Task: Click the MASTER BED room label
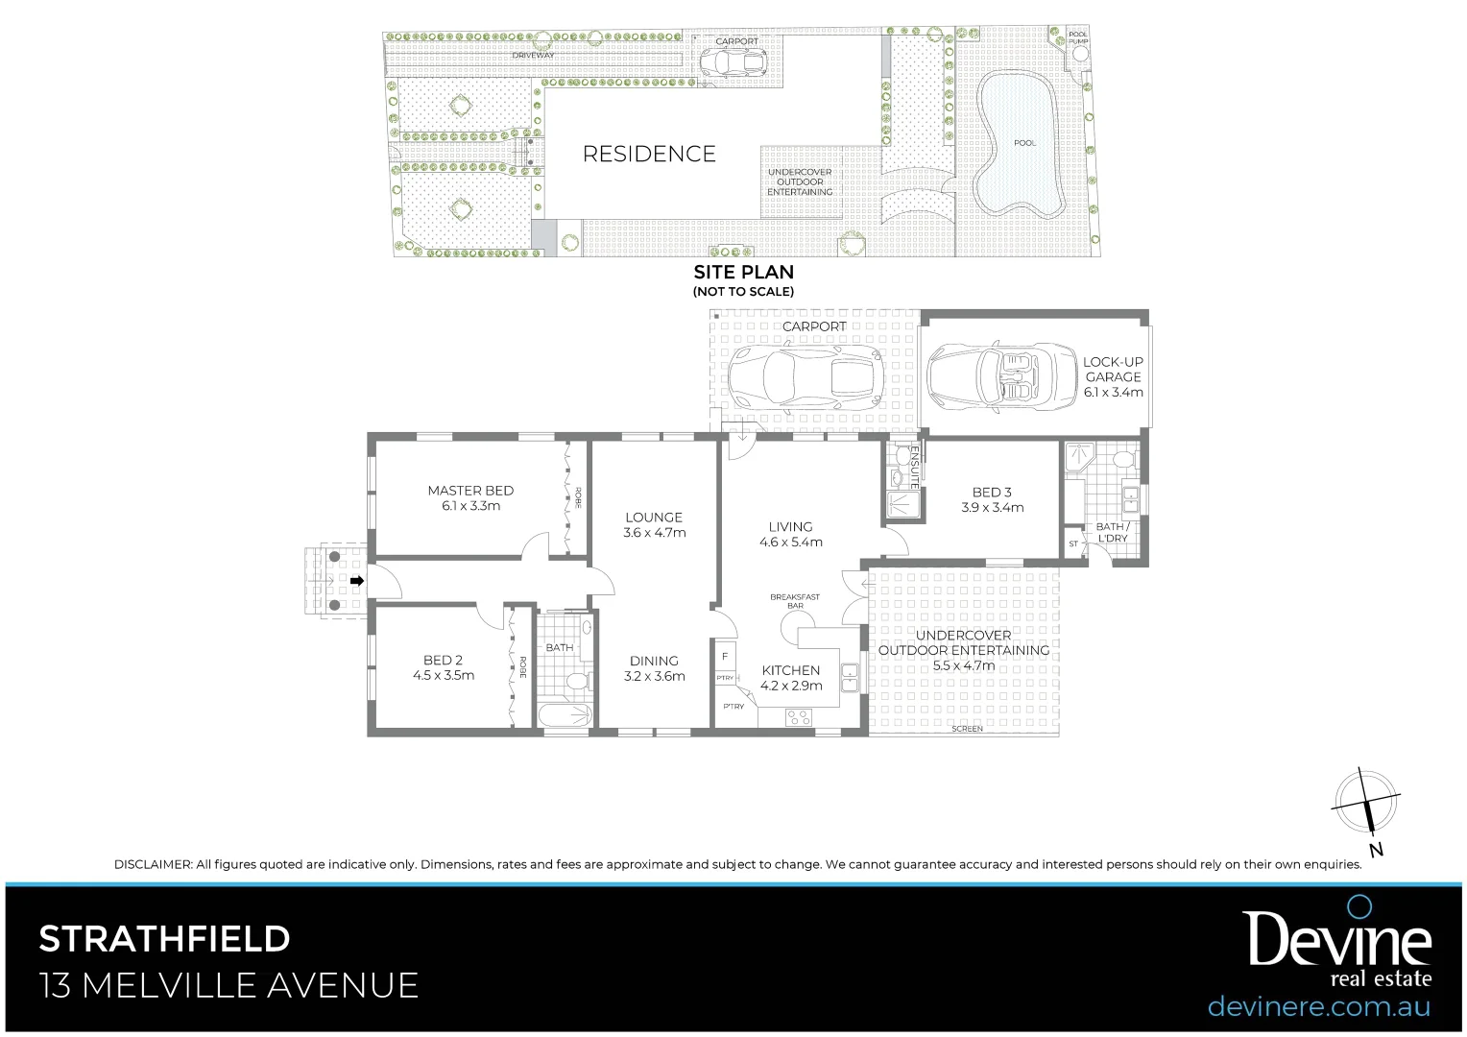470,491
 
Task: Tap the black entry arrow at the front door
357,581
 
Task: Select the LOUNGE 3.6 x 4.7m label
654,524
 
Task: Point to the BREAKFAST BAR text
795,601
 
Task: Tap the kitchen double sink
849,677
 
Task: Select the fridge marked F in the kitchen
725,657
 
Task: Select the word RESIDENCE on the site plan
649,154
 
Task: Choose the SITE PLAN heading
743,273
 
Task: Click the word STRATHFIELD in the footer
164,938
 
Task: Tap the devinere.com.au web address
1318,1006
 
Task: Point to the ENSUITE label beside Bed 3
915,468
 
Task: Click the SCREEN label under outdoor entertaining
967,729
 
